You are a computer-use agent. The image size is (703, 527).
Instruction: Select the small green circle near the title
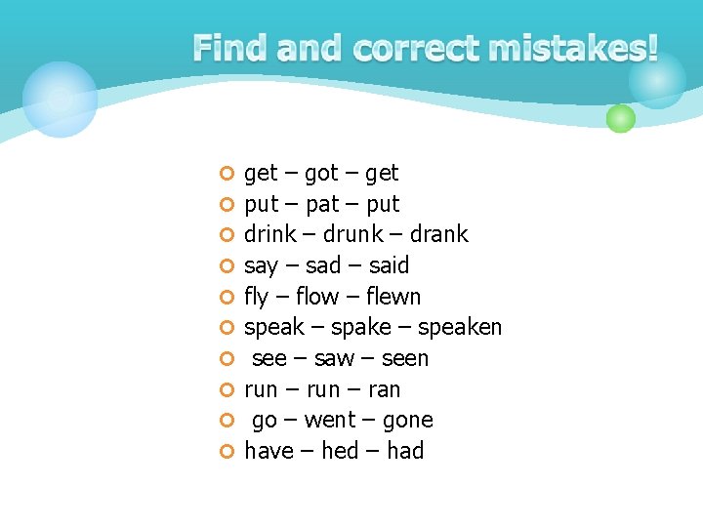point(620,119)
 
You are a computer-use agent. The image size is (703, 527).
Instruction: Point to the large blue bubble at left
point(60,99)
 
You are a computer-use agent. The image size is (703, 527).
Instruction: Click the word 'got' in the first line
point(321,174)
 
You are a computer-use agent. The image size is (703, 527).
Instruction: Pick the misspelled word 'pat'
point(321,204)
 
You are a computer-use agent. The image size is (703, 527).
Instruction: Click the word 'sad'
point(323,265)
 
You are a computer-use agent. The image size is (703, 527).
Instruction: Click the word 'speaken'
point(459,328)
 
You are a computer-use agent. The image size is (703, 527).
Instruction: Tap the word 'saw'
point(334,359)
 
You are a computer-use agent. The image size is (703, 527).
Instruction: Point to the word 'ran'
point(384,390)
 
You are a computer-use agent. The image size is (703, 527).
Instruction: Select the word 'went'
point(331,421)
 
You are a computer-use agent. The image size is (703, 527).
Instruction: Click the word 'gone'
point(408,421)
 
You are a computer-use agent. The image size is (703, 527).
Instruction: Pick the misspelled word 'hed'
point(340,451)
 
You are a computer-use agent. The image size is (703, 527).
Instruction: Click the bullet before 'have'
point(227,451)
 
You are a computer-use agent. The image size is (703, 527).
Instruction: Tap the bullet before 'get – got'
point(227,174)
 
